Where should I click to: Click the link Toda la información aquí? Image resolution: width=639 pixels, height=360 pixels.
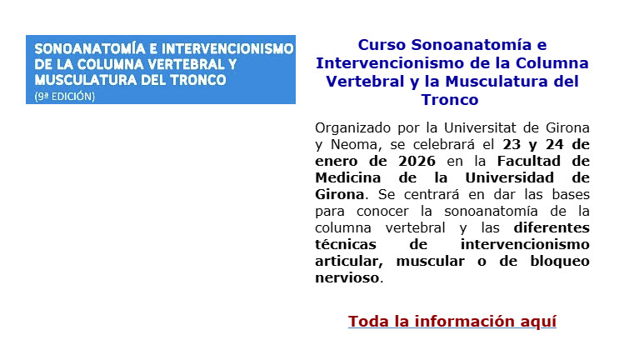[x=452, y=322]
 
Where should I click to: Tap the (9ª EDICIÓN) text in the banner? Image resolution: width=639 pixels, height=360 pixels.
[x=65, y=96]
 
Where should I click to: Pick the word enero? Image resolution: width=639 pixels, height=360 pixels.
[x=336, y=161]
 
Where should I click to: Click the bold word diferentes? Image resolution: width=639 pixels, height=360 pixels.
[x=552, y=227]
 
